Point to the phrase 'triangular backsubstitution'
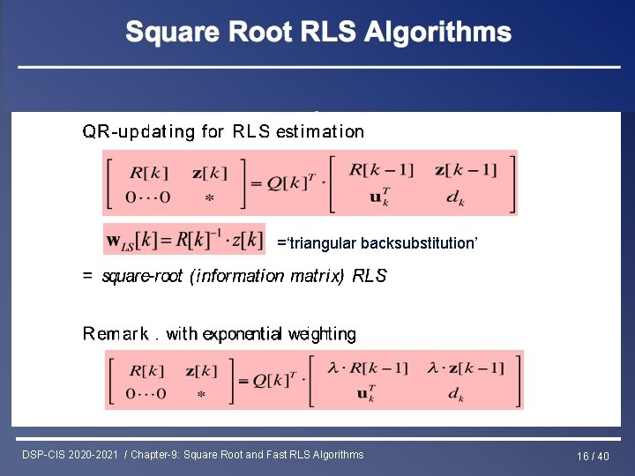click(377, 243)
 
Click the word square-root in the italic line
click(143, 276)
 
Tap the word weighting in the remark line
click(321, 334)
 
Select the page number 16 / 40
click(593, 456)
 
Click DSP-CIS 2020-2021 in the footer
click(71, 455)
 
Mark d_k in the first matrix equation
click(455, 199)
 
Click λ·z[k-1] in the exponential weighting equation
click(469, 368)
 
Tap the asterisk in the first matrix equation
click(209, 199)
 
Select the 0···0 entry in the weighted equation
click(146, 393)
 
